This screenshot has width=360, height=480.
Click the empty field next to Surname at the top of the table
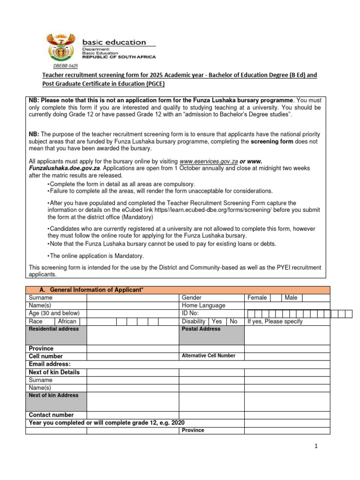[x=133, y=298]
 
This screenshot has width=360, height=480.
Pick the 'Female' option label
[x=257, y=298]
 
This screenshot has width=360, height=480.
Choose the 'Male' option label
[x=291, y=298]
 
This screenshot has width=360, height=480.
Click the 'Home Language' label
[x=203, y=306]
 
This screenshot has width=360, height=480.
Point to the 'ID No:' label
[x=190, y=314]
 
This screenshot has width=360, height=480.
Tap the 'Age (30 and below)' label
[x=54, y=314]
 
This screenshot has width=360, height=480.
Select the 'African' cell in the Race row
[x=67, y=322]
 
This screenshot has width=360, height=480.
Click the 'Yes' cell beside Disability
[x=217, y=322]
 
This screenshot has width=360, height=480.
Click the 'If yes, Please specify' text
[x=275, y=322]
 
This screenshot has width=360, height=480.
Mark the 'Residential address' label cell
[x=54, y=329]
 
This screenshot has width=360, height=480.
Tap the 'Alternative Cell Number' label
[x=208, y=356]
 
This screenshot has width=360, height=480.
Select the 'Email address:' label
[x=50, y=364]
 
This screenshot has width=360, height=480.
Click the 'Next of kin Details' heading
[x=54, y=372]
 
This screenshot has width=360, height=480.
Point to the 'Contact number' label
[x=51, y=415]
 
